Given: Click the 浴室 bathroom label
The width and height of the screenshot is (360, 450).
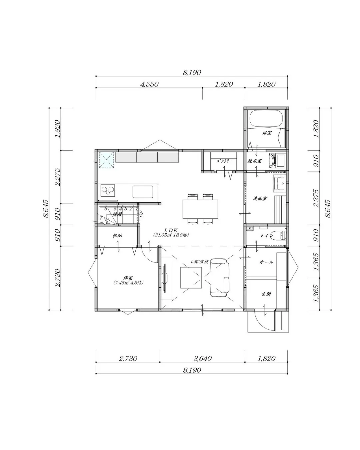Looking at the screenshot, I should (267, 133).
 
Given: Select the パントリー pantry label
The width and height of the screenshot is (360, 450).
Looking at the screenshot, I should (224, 161).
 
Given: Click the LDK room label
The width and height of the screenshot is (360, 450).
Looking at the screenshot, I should (172, 230).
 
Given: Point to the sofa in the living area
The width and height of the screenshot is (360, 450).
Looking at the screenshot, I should (220, 278).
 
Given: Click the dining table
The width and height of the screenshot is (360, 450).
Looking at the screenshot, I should (200, 209).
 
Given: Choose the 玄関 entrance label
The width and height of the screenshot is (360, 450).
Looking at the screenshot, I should (266, 294).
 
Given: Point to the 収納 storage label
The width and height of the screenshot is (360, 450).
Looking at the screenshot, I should (117, 235).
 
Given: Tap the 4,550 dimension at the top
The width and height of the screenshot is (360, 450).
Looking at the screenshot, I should (149, 84).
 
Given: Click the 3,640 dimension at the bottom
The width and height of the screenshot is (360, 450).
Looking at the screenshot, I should (202, 359).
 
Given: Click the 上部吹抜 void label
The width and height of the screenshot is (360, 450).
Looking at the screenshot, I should (199, 262).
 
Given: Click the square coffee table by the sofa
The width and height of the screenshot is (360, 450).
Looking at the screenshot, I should (192, 278).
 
